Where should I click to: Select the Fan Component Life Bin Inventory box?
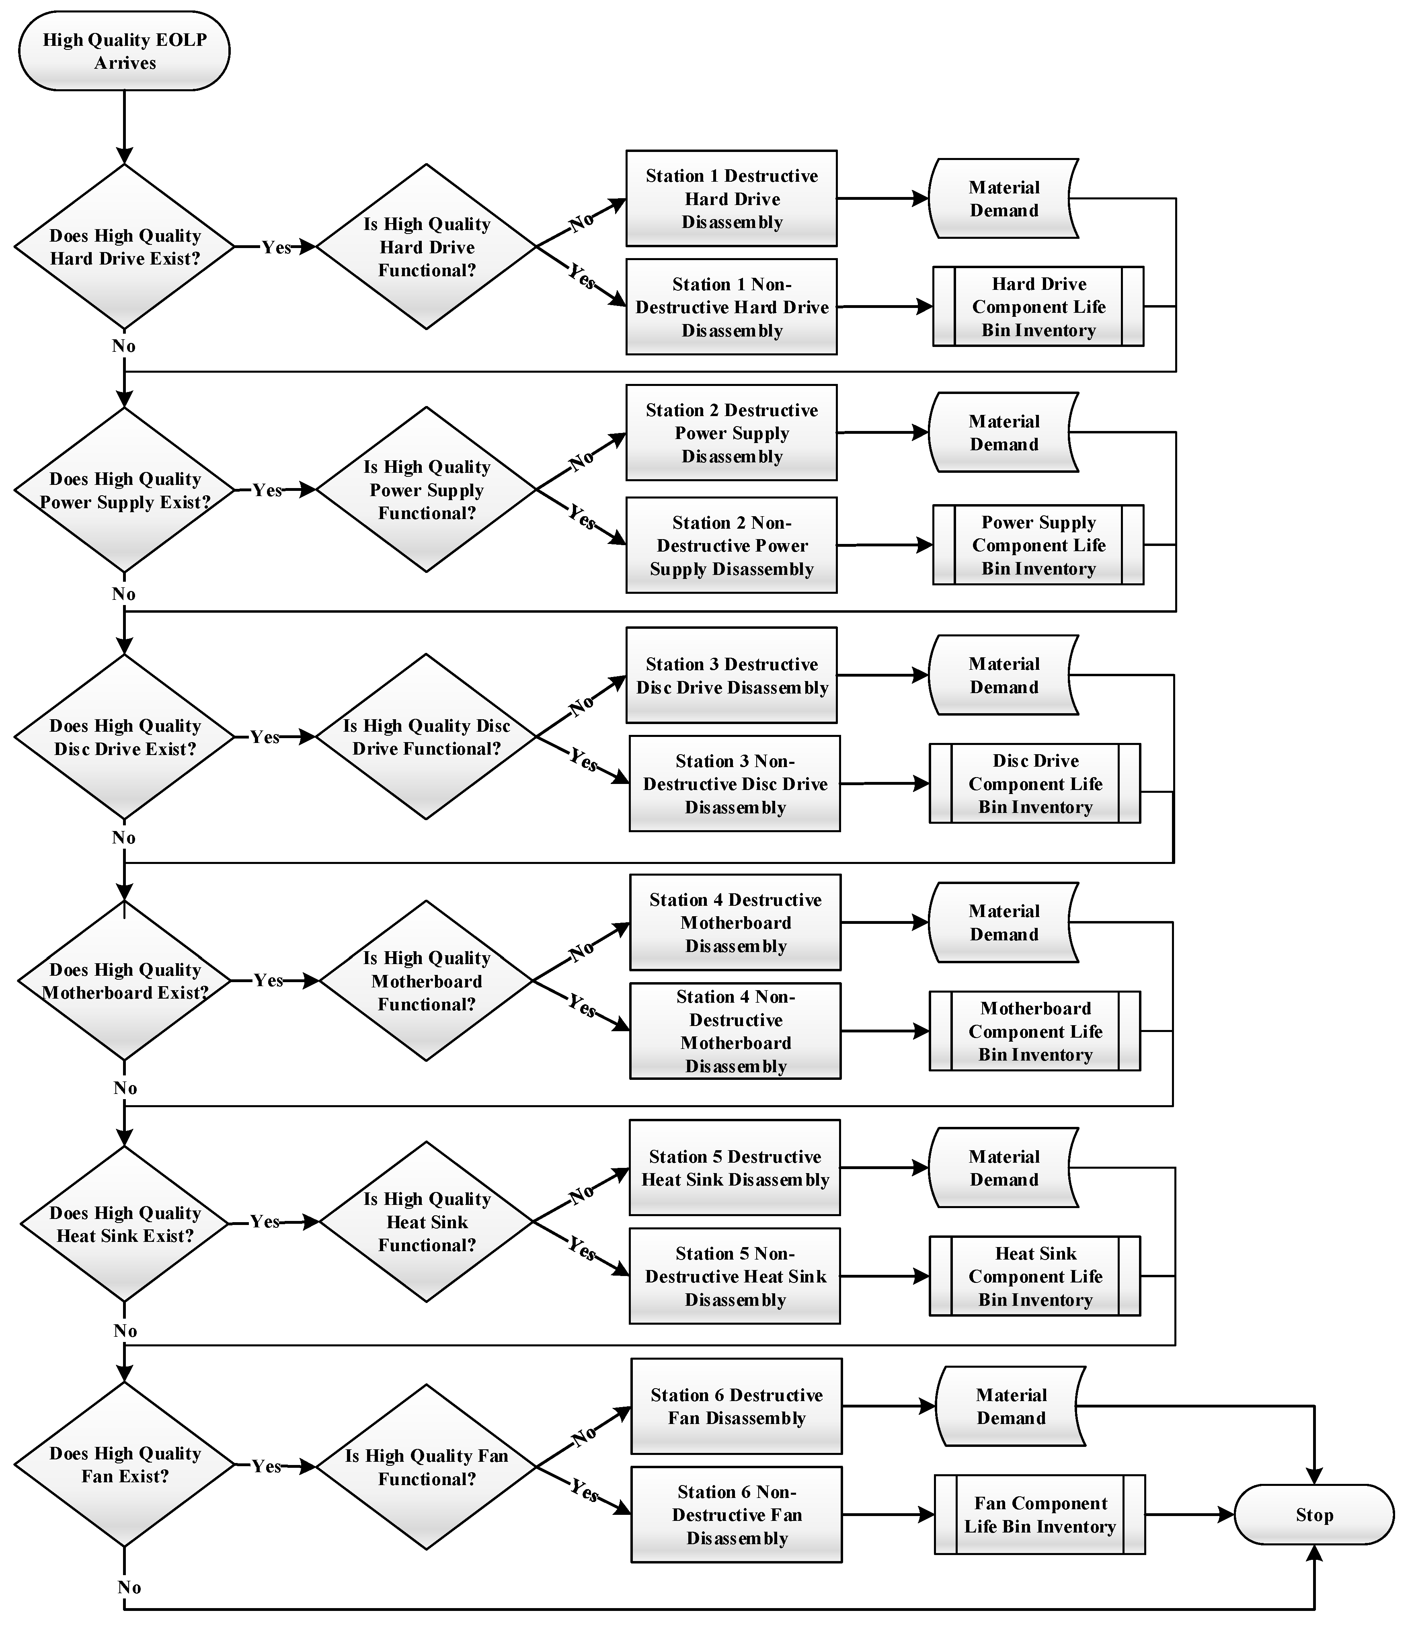tap(1039, 1515)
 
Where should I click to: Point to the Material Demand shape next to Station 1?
tap(1004, 199)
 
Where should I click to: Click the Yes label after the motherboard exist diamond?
tap(268, 981)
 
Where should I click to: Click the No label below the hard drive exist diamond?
tap(123, 346)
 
